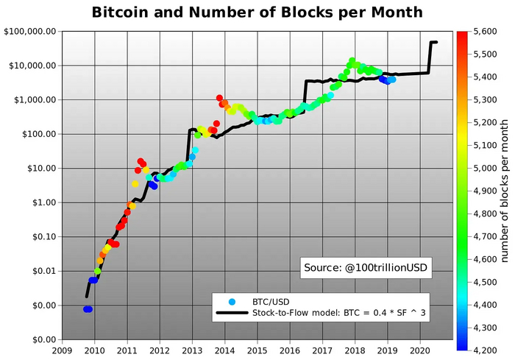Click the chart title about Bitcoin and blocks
click(257, 13)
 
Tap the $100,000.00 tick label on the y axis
click(31, 32)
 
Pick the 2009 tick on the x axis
click(61, 350)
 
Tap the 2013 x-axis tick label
click(192, 350)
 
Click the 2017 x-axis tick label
click(322, 350)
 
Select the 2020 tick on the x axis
click(420, 350)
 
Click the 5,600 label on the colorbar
click(486, 32)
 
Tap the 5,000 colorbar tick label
click(486, 167)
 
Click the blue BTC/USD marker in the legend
click(233, 302)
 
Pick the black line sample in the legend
click(233, 314)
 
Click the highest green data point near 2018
click(352, 61)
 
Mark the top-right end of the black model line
click(436, 42)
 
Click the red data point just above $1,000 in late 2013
click(219, 97)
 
